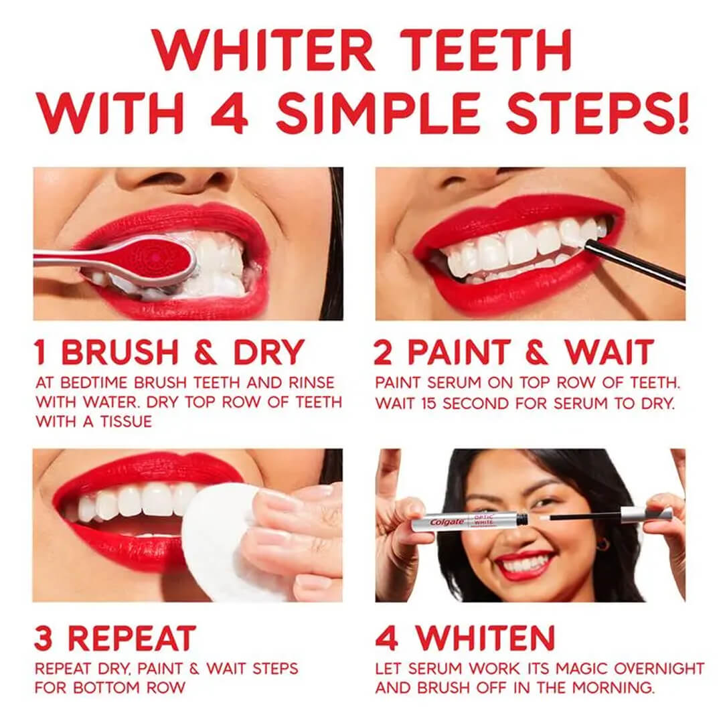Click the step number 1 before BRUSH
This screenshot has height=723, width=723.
pos(42,353)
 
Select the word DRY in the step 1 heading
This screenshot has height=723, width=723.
pos(268,353)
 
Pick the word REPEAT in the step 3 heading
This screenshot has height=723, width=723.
pos(133,639)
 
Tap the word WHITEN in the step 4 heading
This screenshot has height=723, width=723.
pos(485,639)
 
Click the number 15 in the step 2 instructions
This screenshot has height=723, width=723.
pos(428,404)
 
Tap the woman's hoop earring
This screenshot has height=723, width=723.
pos(602,545)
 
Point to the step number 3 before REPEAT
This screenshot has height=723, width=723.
pos(44,639)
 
